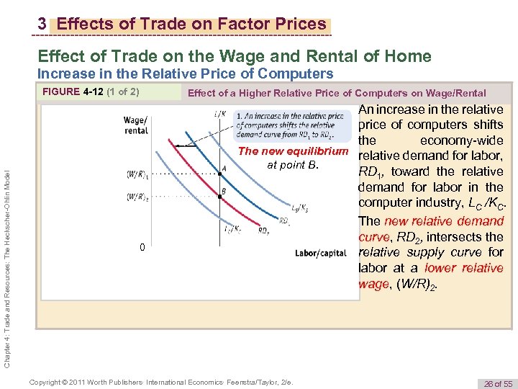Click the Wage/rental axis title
[136, 125]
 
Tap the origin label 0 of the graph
[142, 248]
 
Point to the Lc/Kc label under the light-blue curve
[232, 229]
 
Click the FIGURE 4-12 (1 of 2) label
[91, 92]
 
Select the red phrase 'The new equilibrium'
[292, 151]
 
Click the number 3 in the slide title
[42, 24]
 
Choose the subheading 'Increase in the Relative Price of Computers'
[185, 73]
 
